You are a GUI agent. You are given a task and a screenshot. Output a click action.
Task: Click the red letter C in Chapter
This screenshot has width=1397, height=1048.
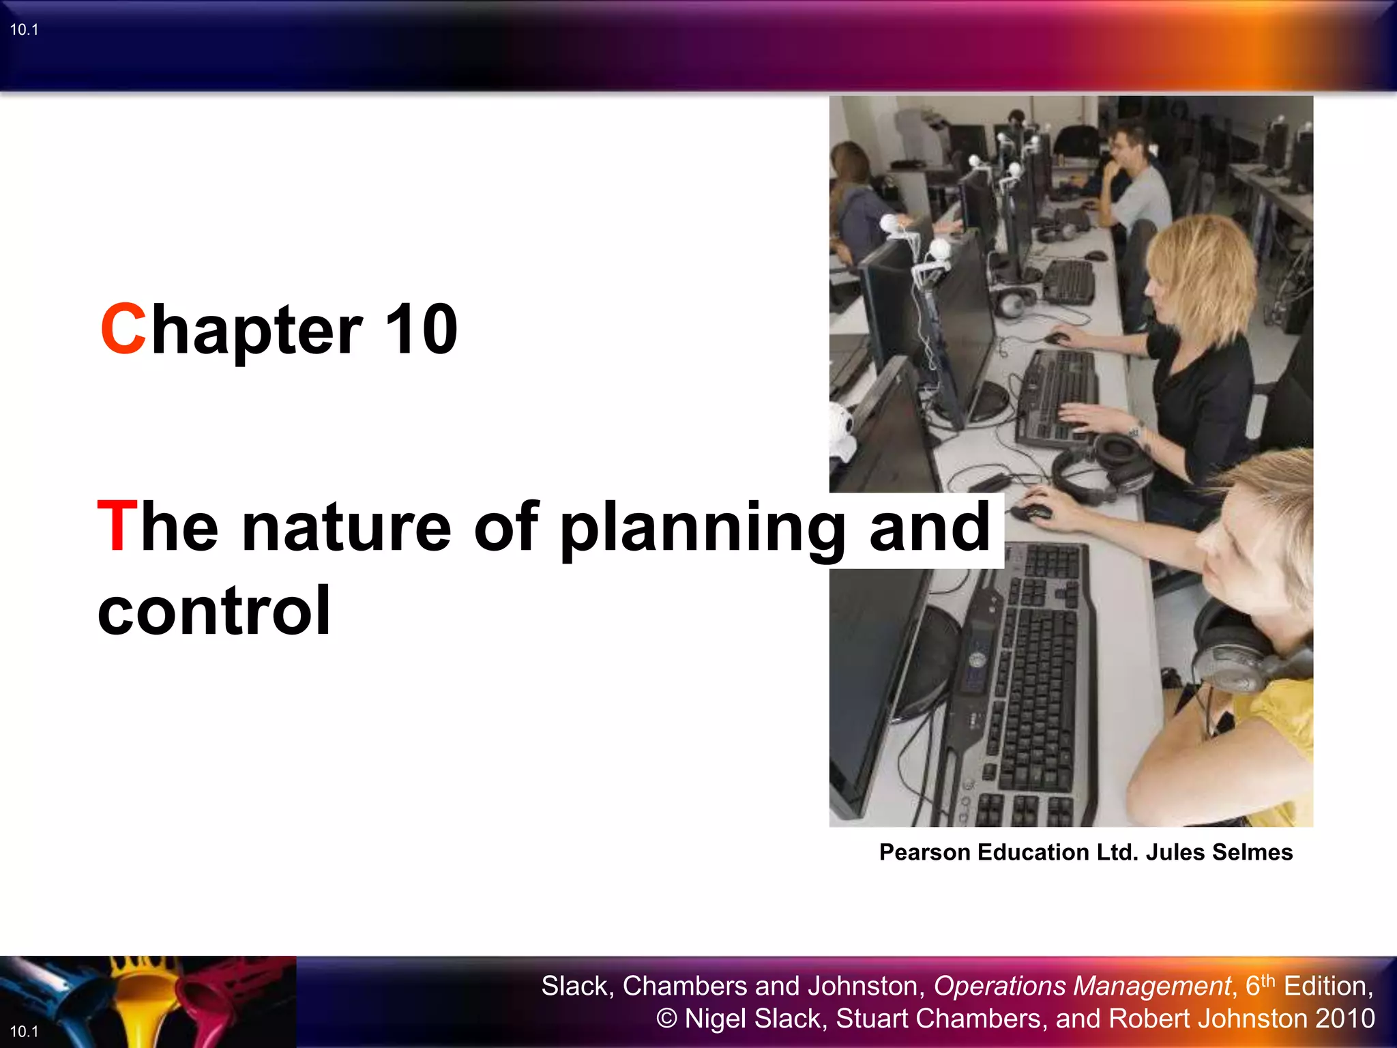pos(123,330)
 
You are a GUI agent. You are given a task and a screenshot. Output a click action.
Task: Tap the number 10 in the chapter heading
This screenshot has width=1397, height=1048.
pos(421,330)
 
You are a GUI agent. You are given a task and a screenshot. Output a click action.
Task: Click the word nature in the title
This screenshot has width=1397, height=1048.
pos(347,527)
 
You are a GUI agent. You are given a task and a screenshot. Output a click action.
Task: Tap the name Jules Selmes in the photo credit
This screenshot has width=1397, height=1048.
pos(1219,852)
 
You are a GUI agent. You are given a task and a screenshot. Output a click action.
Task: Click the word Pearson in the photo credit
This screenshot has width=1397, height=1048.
pos(924,852)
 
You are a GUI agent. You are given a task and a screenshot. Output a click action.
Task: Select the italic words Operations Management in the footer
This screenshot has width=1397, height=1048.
pos(1082,986)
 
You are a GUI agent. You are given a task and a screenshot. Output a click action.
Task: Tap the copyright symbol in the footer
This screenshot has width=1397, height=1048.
pos(666,1019)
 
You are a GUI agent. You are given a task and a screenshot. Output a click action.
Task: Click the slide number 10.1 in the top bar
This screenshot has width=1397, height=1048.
pos(24,29)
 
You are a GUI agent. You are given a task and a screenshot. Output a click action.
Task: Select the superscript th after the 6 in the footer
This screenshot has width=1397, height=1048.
pos(1267,980)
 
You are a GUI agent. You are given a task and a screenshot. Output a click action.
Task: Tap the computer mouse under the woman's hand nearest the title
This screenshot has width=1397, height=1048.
pos(1032,510)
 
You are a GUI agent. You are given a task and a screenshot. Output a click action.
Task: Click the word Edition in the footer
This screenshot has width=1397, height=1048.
pos(1327,986)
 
